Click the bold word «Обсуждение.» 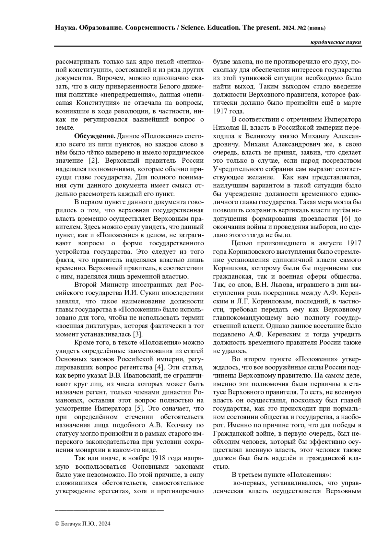click(x=95, y=135)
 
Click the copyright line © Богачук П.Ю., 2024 click(x=83, y=523)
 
